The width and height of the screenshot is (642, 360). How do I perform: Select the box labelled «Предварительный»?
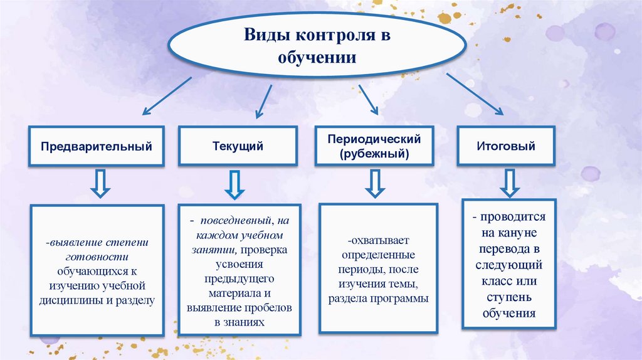coord(97,146)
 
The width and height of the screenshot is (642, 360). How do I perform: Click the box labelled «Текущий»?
coord(238,146)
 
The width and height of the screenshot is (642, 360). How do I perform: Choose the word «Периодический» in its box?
coord(374,139)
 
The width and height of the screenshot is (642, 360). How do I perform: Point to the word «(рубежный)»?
coord(374,153)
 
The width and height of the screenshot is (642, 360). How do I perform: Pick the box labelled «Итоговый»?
coord(506,146)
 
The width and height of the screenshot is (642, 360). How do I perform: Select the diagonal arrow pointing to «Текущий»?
coord(263,100)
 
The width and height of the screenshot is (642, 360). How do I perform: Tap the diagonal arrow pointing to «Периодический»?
coord(367,99)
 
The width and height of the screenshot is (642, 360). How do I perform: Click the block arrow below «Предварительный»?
coord(100,182)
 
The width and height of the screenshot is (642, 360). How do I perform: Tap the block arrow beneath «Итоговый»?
coord(509,181)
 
